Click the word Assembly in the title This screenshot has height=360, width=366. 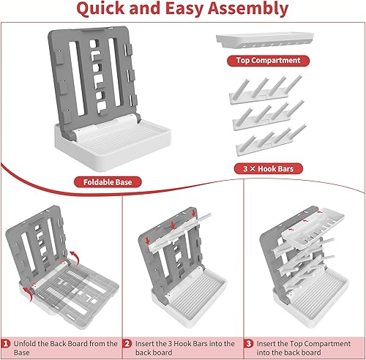[x=248, y=9]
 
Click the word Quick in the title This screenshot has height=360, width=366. [x=101, y=8]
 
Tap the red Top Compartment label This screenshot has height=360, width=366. [x=268, y=61]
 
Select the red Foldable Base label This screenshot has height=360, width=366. [x=108, y=182]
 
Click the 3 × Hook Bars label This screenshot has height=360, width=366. [x=269, y=168]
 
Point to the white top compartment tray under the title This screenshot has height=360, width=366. [x=265, y=40]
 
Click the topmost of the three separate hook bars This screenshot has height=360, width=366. [x=266, y=89]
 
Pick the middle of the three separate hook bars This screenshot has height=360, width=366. [x=269, y=115]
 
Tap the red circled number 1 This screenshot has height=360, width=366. [x=6, y=344]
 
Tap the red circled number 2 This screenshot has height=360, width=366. [x=127, y=344]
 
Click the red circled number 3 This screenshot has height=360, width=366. [x=249, y=344]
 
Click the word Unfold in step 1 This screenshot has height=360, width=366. [x=25, y=344]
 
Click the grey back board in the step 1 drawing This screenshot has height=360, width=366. [x=37, y=244]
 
